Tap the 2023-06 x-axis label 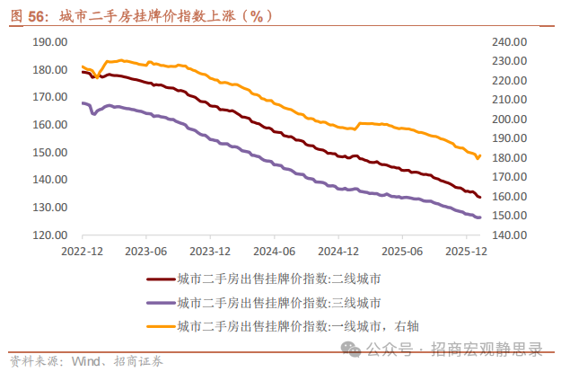pos(147,252)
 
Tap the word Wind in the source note pos(89,361)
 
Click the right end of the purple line pos(480,217)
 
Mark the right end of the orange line pos(480,155)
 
